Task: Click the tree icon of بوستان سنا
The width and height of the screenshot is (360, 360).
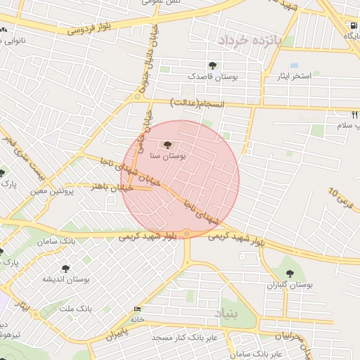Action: pyautogui.click(x=167, y=144)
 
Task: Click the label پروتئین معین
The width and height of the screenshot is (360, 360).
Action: pyautogui.click(x=53, y=191)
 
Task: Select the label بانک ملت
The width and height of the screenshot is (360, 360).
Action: pyautogui.click(x=77, y=309)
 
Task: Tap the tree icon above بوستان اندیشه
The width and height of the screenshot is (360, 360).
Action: pyautogui.click(x=65, y=268)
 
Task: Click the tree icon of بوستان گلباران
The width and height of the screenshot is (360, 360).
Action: pyautogui.click(x=289, y=273)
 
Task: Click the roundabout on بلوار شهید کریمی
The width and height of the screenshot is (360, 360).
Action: pyautogui.click(x=187, y=233)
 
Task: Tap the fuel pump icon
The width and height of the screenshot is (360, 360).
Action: pyautogui.click(x=352, y=26)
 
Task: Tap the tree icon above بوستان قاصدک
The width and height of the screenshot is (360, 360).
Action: pyautogui.click(x=212, y=65)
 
